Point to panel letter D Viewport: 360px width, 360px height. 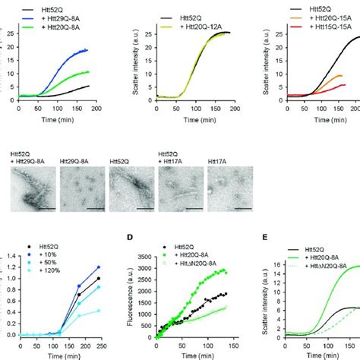tap(130, 241)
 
